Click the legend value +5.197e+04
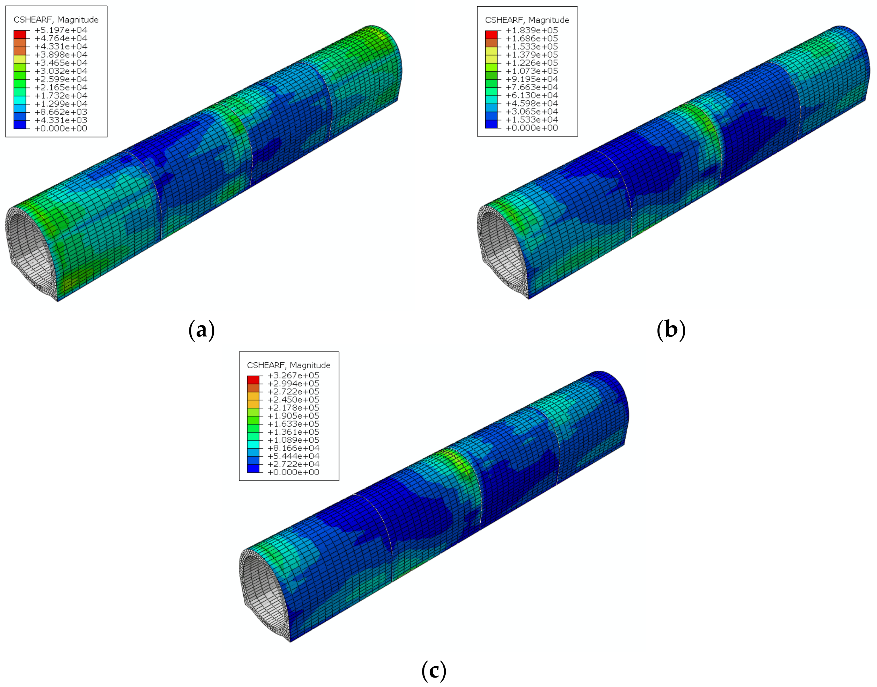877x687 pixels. coord(61,30)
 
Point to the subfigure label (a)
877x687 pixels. coord(201,330)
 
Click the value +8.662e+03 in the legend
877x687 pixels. coord(61,112)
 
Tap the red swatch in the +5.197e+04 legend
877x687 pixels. coord(20,34)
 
